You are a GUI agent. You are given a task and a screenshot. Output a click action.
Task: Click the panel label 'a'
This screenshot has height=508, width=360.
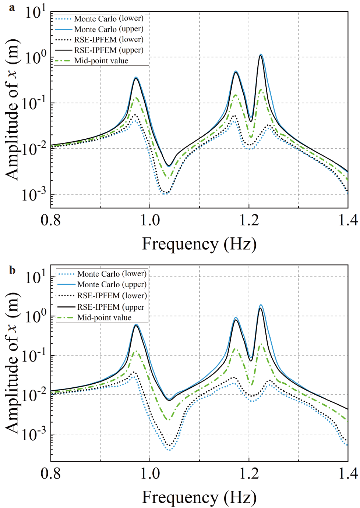click(x=12, y=8)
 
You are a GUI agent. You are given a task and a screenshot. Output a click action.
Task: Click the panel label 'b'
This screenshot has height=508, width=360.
click(x=12, y=270)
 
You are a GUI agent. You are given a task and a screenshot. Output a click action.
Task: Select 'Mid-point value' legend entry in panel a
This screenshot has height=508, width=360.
click(x=101, y=61)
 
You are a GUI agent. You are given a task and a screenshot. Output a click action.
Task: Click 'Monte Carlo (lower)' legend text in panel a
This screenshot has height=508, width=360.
click(x=109, y=18)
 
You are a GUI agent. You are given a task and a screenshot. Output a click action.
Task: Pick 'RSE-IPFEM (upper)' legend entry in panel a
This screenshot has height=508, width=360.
click(x=109, y=50)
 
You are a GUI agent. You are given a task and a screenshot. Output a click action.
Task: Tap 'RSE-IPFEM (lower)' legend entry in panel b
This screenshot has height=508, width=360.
click(x=112, y=296)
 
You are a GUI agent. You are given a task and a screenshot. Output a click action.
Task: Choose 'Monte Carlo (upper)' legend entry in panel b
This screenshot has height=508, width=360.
click(x=112, y=284)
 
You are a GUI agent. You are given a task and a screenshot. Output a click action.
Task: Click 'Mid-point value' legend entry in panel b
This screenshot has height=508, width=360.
click(x=104, y=317)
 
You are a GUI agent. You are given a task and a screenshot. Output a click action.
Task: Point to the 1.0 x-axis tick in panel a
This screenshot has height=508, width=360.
click(x=150, y=220)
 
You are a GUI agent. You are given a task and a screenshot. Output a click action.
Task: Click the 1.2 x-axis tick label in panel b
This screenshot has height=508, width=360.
click(x=249, y=473)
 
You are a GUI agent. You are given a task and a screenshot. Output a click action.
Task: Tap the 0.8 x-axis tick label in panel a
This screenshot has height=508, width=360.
click(x=51, y=220)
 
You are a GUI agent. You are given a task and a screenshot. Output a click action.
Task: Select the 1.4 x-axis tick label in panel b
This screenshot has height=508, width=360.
click(x=348, y=473)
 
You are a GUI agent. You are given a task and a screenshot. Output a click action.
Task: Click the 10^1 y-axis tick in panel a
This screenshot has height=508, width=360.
click(x=35, y=13)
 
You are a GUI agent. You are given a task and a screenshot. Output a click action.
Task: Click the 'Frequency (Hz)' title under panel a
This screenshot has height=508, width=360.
click(x=199, y=244)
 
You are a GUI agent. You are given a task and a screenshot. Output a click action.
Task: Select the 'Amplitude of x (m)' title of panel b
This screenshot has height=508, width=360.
click(x=12, y=362)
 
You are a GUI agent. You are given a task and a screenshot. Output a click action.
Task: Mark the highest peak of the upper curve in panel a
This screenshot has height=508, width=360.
click(x=261, y=55)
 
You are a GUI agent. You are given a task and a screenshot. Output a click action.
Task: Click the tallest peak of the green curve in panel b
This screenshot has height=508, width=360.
click(x=261, y=344)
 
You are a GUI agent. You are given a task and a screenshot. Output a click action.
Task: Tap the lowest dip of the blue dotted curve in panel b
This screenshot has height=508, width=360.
click(x=169, y=450)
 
